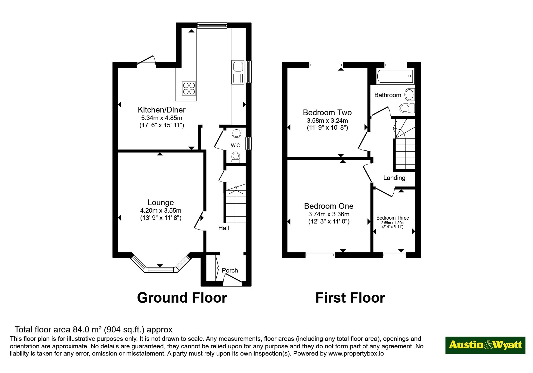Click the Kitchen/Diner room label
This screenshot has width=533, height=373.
162,110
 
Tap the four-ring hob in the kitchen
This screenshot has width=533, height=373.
189,88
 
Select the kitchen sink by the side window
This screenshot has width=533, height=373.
237,72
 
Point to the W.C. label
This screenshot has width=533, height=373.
236,145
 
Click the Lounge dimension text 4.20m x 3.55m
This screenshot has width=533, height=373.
161,211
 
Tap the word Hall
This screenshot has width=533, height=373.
224,228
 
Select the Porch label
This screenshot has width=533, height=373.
230,270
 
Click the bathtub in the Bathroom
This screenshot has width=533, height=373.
395,76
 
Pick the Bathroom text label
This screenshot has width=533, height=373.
388,95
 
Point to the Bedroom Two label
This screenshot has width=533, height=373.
327,113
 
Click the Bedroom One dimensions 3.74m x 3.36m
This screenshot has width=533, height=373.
329,214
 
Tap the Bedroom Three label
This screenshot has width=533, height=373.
393,218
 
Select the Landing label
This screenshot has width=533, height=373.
394,178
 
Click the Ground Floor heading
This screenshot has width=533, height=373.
182,298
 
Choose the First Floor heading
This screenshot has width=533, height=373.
350,298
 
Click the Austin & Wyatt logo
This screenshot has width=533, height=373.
485,345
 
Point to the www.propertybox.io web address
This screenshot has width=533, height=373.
356,353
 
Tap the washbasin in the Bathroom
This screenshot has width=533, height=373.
409,95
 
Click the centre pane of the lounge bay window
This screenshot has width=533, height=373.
160,270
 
